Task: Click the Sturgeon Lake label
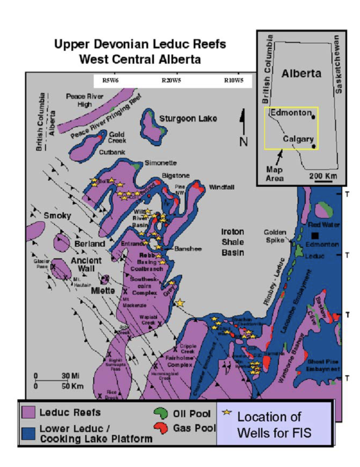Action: point(188,119)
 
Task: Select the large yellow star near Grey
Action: point(180,303)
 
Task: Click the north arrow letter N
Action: point(243,141)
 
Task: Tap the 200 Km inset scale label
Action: point(323,176)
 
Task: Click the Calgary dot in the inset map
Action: point(314,146)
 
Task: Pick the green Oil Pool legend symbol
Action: point(160,413)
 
